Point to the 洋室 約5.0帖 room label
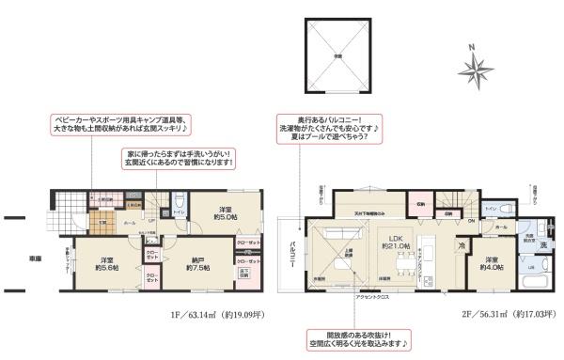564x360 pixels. tap(227, 213)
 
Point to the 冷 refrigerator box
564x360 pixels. tap(462, 246)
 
